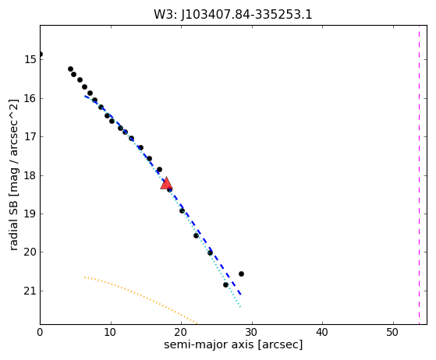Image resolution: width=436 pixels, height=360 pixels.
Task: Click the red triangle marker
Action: (x=166, y=183)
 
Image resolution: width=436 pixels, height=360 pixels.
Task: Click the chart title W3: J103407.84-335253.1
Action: (x=233, y=15)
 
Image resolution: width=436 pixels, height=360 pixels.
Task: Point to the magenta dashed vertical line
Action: (x=419, y=175)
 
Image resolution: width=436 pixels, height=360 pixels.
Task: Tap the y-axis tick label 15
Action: (x=30, y=59)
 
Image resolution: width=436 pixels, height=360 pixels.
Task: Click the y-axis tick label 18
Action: (x=30, y=175)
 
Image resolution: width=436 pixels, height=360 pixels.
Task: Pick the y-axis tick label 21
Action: (x=30, y=291)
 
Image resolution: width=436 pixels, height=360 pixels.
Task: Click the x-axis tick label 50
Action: (x=393, y=332)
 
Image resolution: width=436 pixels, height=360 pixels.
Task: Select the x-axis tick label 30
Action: (x=252, y=332)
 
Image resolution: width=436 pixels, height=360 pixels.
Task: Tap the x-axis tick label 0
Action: (x=40, y=332)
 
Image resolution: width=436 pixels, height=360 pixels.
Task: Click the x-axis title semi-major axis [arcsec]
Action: (x=233, y=344)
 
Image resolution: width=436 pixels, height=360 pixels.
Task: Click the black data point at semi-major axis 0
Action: (x=41, y=55)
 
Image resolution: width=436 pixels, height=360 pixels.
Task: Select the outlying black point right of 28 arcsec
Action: (x=241, y=274)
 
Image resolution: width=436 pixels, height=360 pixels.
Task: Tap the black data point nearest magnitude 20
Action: (x=211, y=252)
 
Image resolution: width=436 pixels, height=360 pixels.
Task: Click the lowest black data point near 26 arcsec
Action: (x=225, y=284)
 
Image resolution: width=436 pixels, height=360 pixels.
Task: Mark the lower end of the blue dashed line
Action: (x=241, y=295)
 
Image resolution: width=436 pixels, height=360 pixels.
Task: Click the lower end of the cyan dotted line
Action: (x=240, y=307)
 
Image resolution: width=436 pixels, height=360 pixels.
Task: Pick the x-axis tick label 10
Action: (x=111, y=332)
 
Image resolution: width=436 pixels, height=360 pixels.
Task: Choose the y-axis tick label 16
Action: (x=30, y=98)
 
